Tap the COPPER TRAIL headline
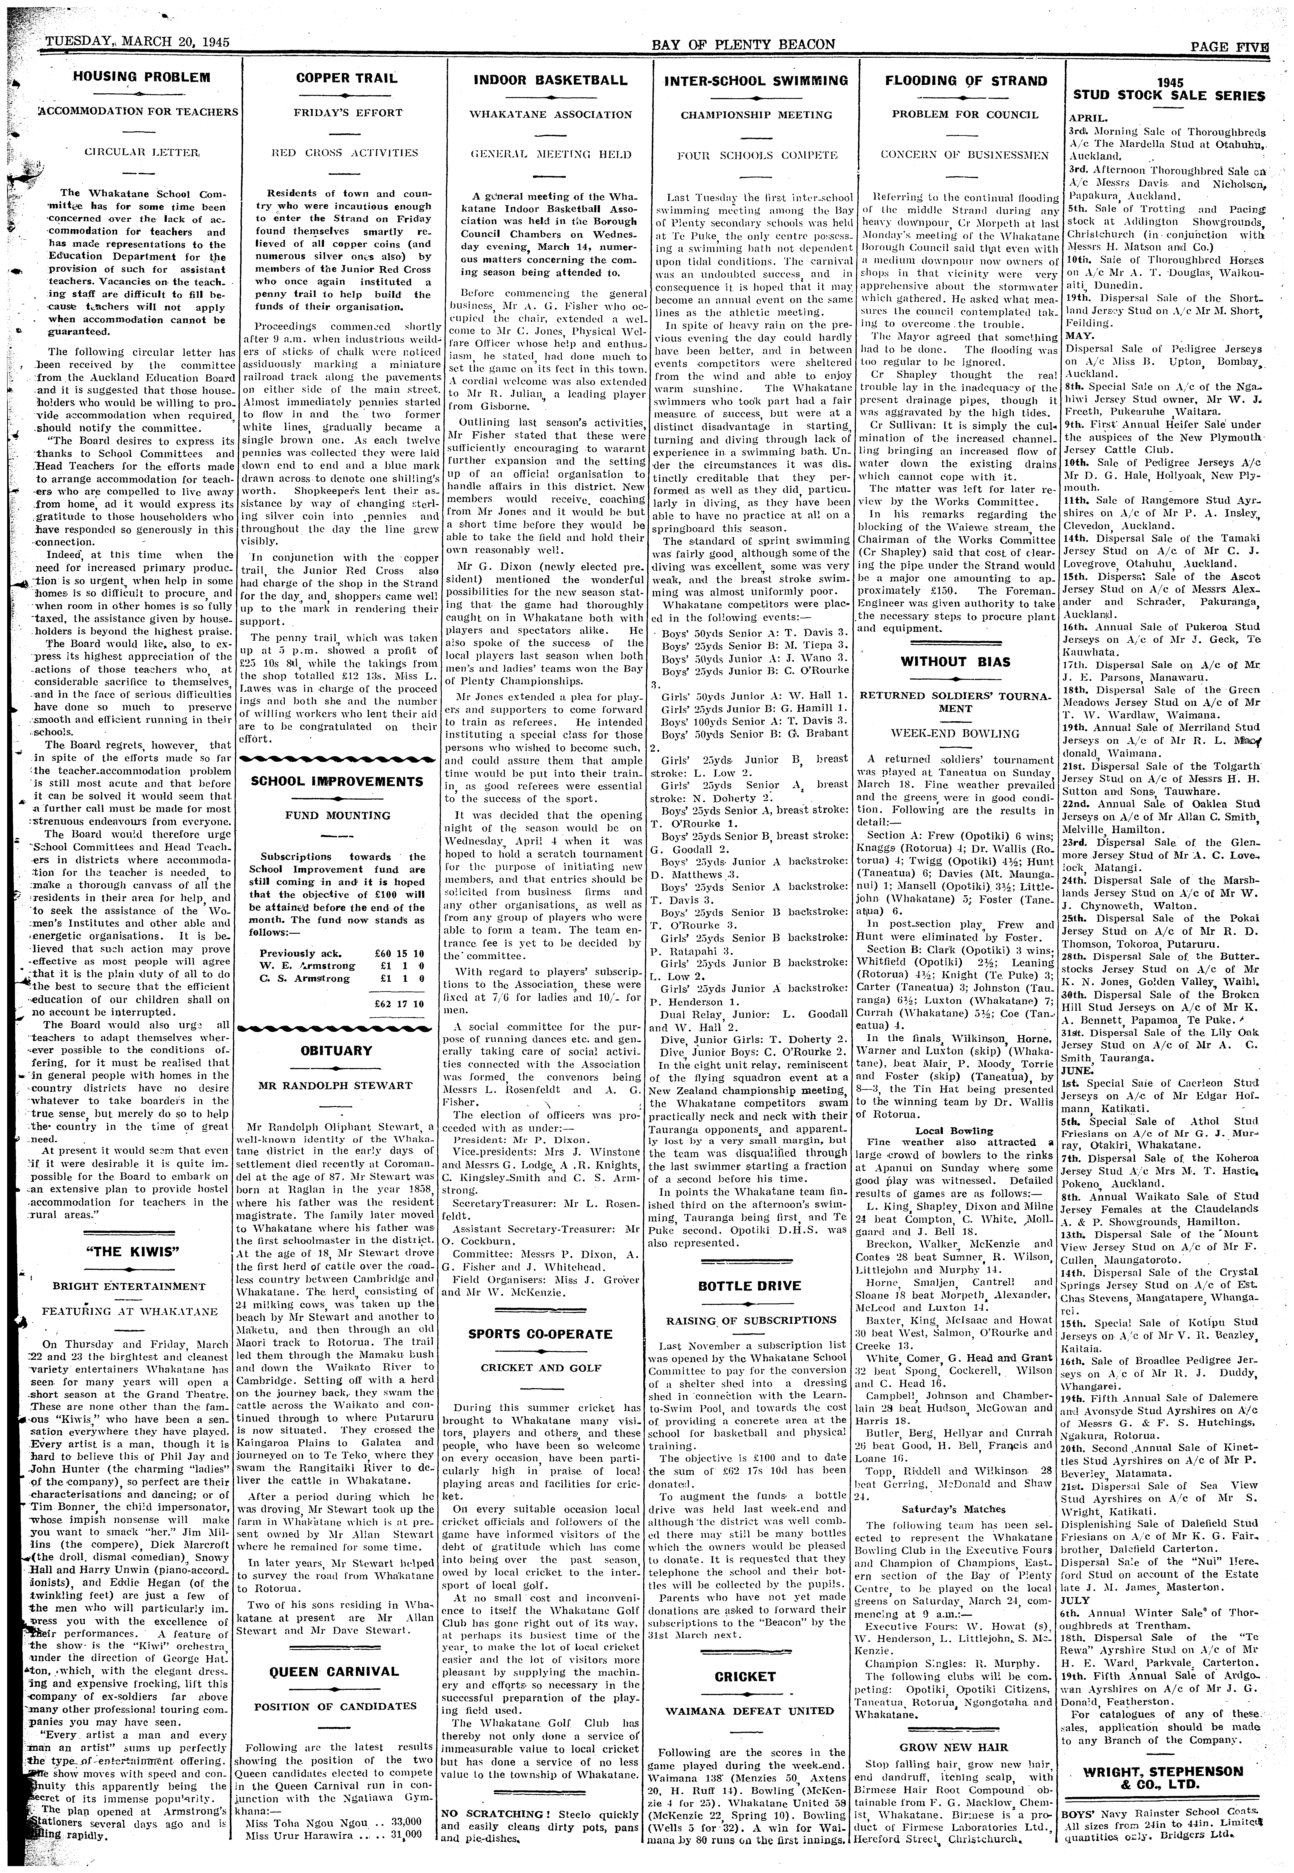346,79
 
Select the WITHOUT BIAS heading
955,662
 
